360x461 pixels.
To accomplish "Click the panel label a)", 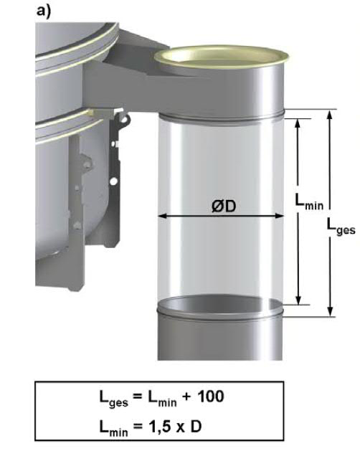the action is pyautogui.click(x=44, y=11).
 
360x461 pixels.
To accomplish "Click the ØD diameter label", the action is pyautogui.click(x=224, y=206).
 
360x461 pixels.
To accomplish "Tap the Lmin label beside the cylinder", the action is pyautogui.click(x=309, y=202).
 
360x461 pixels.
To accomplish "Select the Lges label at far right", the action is pyautogui.click(x=341, y=228).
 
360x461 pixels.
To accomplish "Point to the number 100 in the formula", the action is pyautogui.click(x=210, y=396).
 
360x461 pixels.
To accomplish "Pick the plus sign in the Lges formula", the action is pyautogui.click(x=186, y=396).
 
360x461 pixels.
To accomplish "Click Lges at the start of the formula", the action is pyautogui.click(x=114, y=399).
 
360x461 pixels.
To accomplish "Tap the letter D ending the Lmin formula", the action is pyautogui.click(x=196, y=427).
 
